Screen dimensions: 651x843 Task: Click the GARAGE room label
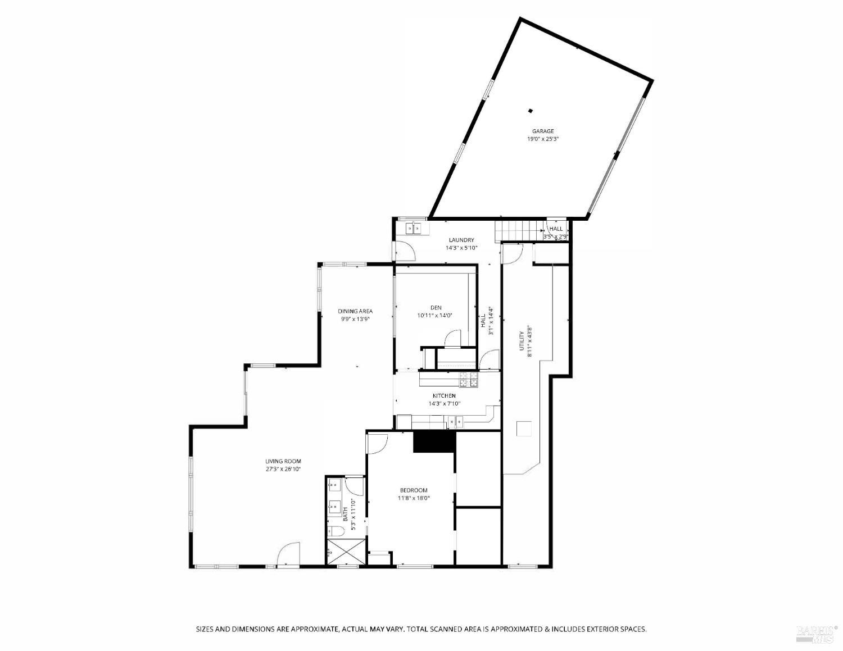click(x=543, y=131)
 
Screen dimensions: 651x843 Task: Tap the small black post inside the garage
click(x=530, y=111)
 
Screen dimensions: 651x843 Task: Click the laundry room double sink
click(x=414, y=228)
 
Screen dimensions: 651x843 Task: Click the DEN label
click(x=436, y=307)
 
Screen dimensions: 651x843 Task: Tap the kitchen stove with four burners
click(x=469, y=380)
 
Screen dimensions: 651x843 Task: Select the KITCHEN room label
click(x=444, y=396)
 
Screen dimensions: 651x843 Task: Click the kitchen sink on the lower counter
click(x=456, y=420)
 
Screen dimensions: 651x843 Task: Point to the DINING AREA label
click(x=355, y=311)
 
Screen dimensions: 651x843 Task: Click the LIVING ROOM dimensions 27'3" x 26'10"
click(x=283, y=469)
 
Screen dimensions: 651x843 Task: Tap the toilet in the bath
click(x=337, y=531)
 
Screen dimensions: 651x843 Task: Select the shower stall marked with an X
click(x=345, y=551)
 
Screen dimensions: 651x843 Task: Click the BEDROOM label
click(x=414, y=490)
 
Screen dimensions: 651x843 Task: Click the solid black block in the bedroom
click(x=433, y=441)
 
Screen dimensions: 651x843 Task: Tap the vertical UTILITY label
click(x=522, y=341)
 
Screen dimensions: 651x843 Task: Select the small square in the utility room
click(x=524, y=429)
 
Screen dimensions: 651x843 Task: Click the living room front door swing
click(x=289, y=554)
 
